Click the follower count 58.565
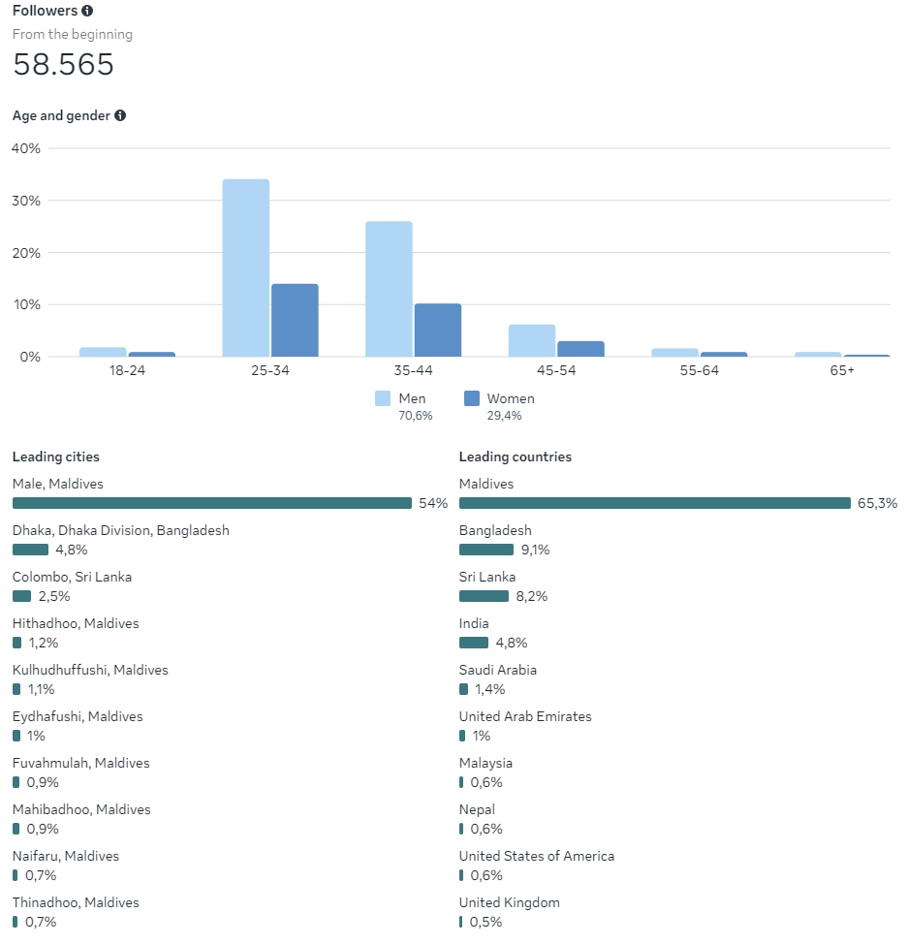coord(63,65)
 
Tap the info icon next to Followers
coord(87,11)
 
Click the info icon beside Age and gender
coord(120,115)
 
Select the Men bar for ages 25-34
coord(246,268)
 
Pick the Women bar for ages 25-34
coord(295,321)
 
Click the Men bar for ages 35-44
coord(389,289)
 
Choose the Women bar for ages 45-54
coord(580,349)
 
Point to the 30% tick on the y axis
coord(26,201)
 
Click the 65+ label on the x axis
coord(842,370)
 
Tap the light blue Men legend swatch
coord(383,398)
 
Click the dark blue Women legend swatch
coord(472,398)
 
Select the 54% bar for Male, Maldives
coord(212,503)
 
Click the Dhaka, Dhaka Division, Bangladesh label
coord(121,530)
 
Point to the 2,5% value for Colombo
coord(54,596)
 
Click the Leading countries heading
coord(516,457)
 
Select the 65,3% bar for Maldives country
coord(654,503)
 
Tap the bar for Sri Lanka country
coord(484,596)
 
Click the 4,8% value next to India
coord(512,643)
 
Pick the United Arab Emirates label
coord(525,716)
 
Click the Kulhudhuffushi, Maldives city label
coord(90,670)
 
